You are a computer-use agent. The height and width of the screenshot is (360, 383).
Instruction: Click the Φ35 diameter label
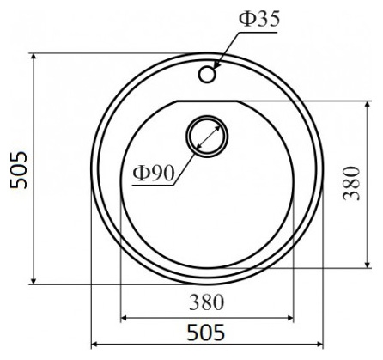coord(259,19)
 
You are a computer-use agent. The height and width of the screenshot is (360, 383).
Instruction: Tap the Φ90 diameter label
coord(154,173)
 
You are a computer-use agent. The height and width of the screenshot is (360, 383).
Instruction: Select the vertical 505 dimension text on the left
coord(18,170)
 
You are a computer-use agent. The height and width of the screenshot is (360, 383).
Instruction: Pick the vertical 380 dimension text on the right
coord(351,183)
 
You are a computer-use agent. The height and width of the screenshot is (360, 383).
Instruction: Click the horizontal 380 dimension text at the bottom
coord(206,302)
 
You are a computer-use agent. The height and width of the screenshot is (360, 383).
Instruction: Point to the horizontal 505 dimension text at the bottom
coord(206,333)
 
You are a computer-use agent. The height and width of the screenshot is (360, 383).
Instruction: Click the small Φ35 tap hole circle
coord(207,75)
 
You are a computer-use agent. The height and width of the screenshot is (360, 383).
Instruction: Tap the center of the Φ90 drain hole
coord(207,137)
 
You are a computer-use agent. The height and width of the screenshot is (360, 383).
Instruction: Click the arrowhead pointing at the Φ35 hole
coord(216,65)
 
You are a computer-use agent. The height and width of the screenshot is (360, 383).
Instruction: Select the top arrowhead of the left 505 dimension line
coord(33,58)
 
